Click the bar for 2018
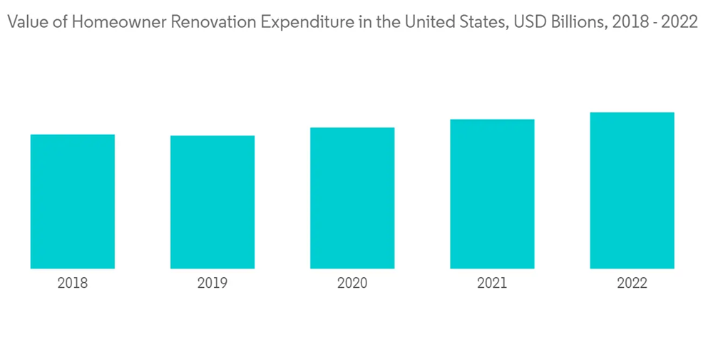[x=73, y=201]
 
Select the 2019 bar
[x=212, y=202]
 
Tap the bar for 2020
[x=352, y=198]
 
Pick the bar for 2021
[x=492, y=194]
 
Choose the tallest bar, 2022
[x=632, y=190]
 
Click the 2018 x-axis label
[x=73, y=284]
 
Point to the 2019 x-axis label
[x=212, y=284]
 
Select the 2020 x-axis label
[x=352, y=284]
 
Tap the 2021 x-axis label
[x=492, y=284]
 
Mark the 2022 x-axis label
[x=632, y=284]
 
